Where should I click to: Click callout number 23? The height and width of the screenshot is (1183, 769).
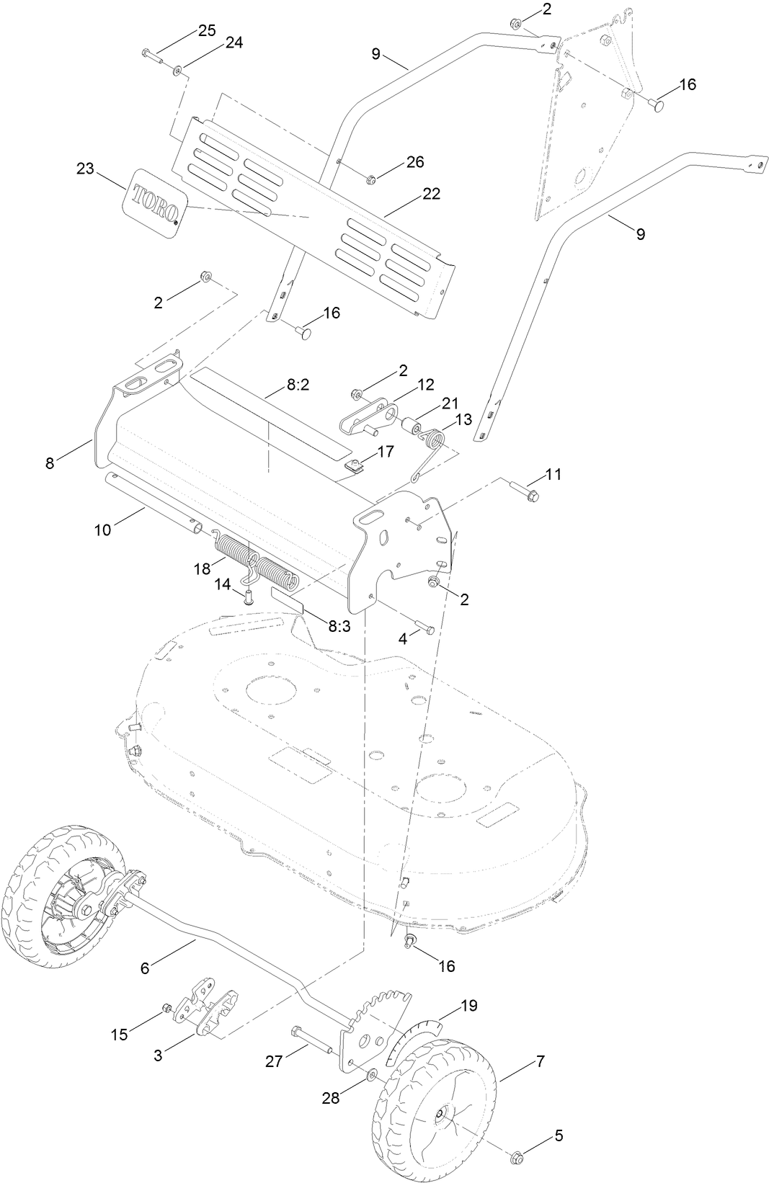click(86, 169)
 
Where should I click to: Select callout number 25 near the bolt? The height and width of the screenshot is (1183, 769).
click(207, 30)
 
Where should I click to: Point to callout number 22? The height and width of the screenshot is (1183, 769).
click(432, 194)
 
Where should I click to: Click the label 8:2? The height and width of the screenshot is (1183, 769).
click(298, 385)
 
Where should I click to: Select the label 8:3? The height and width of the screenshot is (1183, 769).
click(339, 626)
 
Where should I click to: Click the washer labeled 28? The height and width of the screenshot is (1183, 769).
click(371, 1076)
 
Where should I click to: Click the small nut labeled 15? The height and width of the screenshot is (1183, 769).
click(167, 1007)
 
